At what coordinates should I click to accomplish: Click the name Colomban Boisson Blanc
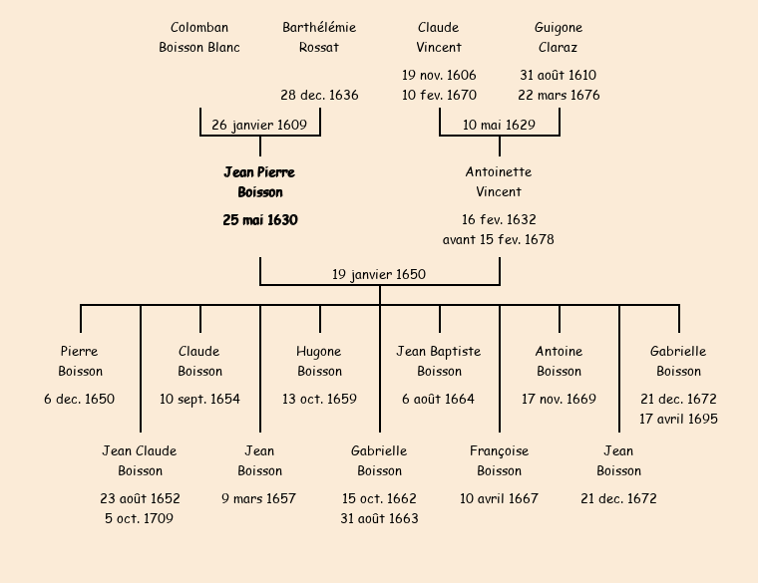pyautogui.click(x=199, y=38)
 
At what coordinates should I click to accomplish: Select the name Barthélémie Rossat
pyautogui.click(x=319, y=38)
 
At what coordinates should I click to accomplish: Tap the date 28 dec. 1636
pyautogui.click(x=319, y=96)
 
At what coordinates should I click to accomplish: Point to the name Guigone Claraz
pyautogui.click(x=559, y=38)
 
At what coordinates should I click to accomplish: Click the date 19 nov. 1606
pyautogui.click(x=439, y=76)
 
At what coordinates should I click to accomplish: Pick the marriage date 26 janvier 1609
pyautogui.click(x=259, y=126)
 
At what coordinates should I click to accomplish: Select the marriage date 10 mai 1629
pyautogui.click(x=499, y=126)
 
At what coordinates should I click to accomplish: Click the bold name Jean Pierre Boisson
pyautogui.click(x=259, y=182)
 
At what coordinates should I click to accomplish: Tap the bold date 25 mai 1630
pyautogui.click(x=259, y=220)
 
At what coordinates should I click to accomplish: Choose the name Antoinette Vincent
pyautogui.click(x=499, y=182)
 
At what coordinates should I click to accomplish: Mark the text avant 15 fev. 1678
pyautogui.click(x=499, y=240)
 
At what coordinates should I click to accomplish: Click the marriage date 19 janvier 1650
pyautogui.click(x=379, y=275)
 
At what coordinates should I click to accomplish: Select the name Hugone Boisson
pyautogui.click(x=319, y=362)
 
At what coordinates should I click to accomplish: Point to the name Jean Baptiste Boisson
pyautogui.click(x=439, y=362)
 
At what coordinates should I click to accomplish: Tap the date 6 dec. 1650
pyautogui.click(x=80, y=400)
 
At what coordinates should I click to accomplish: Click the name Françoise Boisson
pyautogui.click(x=499, y=461)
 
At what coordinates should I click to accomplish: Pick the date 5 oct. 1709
pyautogui.click(x=140, y=519)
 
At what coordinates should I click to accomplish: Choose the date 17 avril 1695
pyautogui.click(x=678, y=420)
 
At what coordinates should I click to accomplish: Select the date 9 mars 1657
pyautogui.click(x=259, y=499)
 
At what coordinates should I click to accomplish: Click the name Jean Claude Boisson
pyautogui.click(x=140, y=461)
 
